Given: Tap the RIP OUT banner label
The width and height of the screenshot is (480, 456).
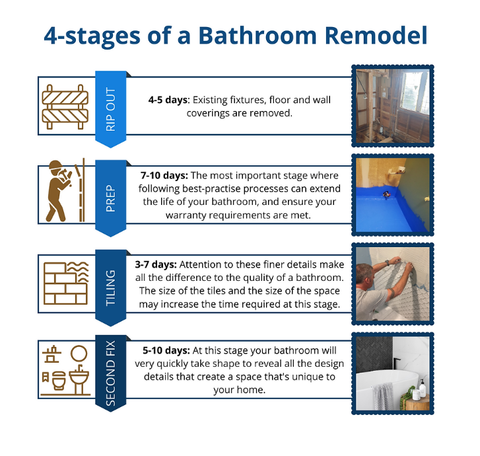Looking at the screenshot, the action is click(110, 110).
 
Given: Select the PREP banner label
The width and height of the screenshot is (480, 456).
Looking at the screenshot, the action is click(110, 198).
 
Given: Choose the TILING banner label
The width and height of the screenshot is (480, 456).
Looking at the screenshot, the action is click(110, 287).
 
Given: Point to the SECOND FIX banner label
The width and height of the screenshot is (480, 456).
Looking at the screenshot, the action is click(110, 373).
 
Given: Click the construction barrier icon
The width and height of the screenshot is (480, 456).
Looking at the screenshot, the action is click(65, 107).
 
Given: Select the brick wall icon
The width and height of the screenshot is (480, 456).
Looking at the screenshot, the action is click(66, 283).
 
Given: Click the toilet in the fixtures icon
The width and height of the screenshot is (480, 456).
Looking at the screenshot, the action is click(59, 380).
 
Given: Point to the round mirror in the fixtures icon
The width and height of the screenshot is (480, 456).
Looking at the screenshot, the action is click(79, 354).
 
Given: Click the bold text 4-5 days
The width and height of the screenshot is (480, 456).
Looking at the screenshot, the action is click(169, 100).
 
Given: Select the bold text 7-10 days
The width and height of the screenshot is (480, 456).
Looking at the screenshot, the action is click(164, 176).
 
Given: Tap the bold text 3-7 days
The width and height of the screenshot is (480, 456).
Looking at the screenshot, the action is click(156, 264).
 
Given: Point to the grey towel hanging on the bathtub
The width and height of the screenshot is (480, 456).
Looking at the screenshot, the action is click(383, 396).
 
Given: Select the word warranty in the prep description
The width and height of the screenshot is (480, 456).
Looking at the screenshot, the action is click(186, 215).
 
